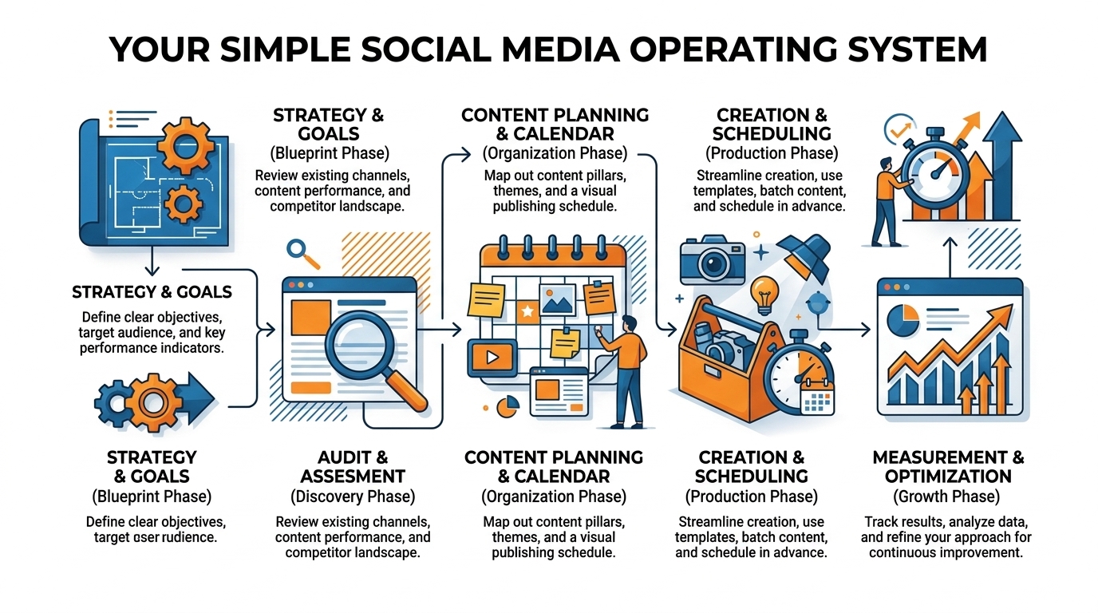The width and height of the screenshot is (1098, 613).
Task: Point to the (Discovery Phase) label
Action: [x=353, y=496]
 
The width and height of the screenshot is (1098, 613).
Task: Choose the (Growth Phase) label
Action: [x=947, y=496]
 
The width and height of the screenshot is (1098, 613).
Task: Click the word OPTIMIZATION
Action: [x=948, y=477]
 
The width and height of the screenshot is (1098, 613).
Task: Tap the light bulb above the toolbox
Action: [x=764, y=294]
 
